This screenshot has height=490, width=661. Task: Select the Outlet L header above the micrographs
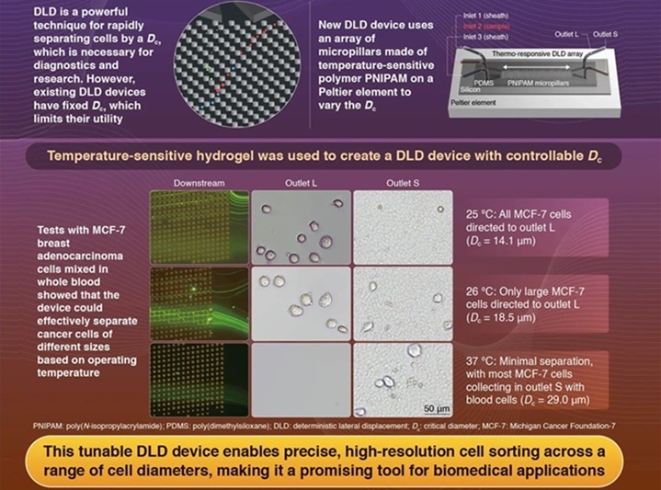pos(300,182)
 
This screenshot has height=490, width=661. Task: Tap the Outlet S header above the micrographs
pos(404,182)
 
